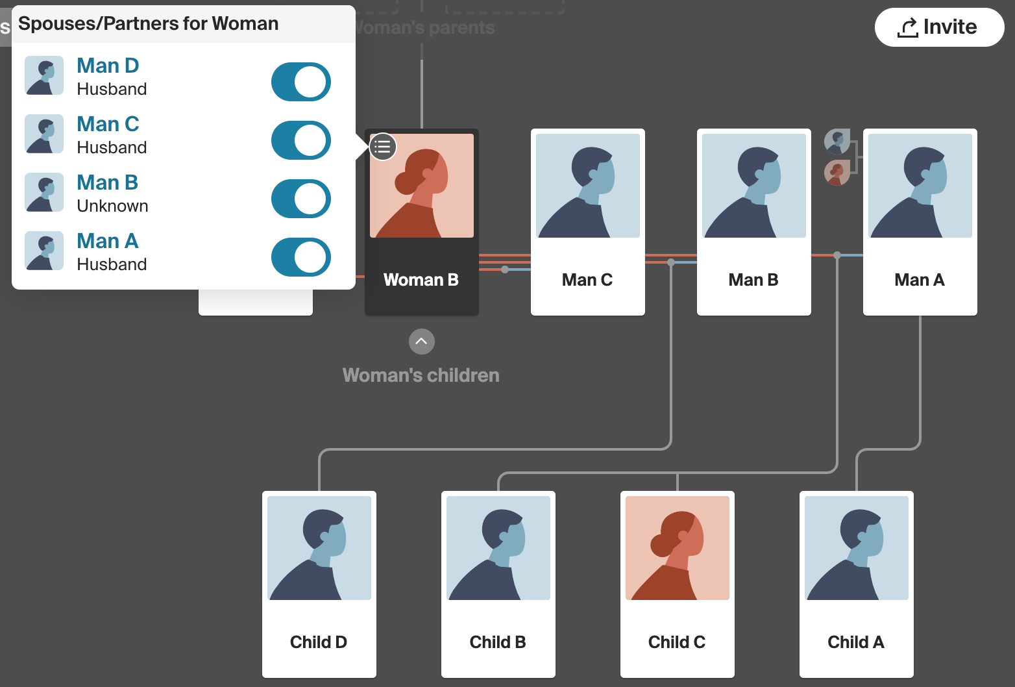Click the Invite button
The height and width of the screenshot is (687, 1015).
pos(938,27)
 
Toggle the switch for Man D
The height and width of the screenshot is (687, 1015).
pos(301,82)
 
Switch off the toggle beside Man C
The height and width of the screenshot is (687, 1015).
pos(301,140)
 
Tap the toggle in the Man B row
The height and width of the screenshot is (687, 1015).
pos(301,199)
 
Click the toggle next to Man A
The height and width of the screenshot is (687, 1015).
pos(301,257)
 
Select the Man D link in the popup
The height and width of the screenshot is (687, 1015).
pos(108,66)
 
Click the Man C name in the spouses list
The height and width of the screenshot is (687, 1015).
pos(108,124)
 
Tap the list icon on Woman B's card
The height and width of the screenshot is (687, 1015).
pos(383,147)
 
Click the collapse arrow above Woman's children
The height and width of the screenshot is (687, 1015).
pos(422,342)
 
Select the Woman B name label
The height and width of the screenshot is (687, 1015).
pos(421,280)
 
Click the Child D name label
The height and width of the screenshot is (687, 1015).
pos(319,642)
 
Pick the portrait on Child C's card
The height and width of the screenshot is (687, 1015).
pos(678,548)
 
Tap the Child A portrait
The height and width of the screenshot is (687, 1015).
pos(857,548)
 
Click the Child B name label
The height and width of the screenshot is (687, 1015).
pos(498,642)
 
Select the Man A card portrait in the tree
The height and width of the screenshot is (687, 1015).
pos(920,186)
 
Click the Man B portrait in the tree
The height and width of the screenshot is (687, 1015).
pos(754,186)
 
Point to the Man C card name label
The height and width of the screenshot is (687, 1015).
pos(587,280)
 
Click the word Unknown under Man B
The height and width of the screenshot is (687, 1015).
pos(112,206)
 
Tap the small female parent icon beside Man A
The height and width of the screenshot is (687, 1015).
pos(837,173)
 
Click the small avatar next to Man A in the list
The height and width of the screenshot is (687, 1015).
pos(44,251)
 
